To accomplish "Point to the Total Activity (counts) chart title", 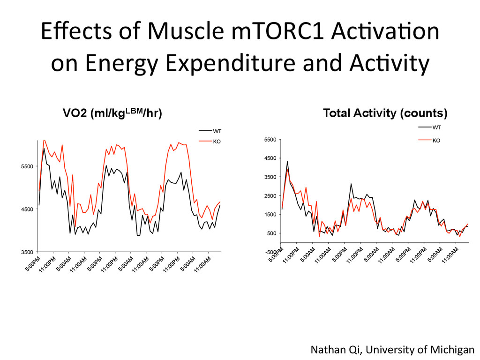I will [385, 113].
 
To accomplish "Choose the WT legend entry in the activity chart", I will [436, 127].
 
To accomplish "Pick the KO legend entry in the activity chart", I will [436, 140].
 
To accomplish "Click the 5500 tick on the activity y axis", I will [270, 140].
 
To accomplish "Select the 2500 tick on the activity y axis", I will [270, 196].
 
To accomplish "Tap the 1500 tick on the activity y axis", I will [270, 215].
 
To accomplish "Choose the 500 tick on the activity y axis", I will [272, 233].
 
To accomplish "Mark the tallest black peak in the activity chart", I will [287, 162].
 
